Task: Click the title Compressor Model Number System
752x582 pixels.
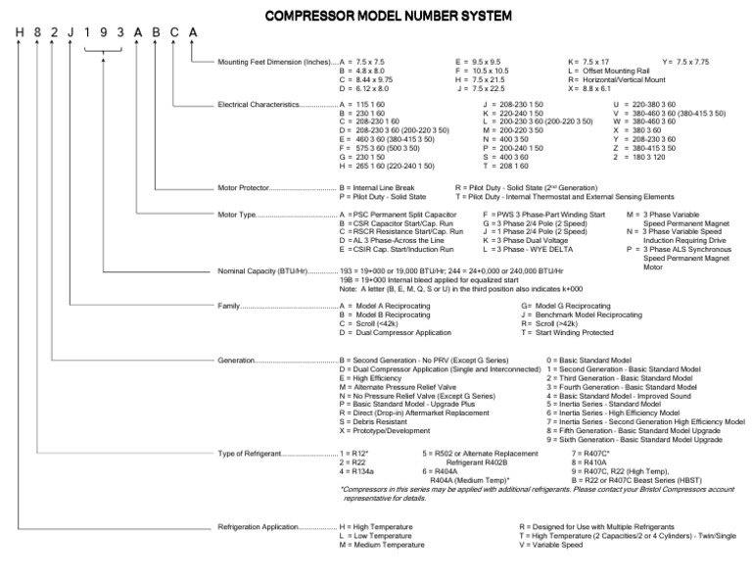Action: (376, 16)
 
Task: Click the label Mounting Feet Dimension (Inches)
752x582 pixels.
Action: (276, 62)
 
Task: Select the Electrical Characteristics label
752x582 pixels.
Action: (277, 103)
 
